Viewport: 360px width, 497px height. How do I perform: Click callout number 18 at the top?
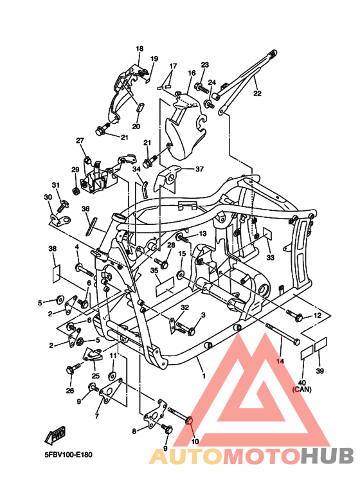[x=139, y=49]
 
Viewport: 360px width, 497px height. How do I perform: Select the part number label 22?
[x=257, y=93]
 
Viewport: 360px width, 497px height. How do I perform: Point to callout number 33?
[x=270, y=257]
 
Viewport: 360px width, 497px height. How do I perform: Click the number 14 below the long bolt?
[x=280, y=362]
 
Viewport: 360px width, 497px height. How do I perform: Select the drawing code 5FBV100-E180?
[x=68, y=455]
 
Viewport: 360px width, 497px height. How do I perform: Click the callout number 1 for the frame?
[x=204, y=375]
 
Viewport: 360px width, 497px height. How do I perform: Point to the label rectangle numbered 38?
[x=56, y=273]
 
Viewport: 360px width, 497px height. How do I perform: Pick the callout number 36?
[x=85, y=209]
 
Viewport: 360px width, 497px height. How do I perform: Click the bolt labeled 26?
[x=72, y=370]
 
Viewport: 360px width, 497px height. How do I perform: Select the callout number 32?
[x=184, y=307]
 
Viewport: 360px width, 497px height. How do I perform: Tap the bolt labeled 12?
[x=296, y=315]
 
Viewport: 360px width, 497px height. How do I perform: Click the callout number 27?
[x=80, y=140]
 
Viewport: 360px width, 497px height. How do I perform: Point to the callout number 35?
[x=154, y=271]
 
